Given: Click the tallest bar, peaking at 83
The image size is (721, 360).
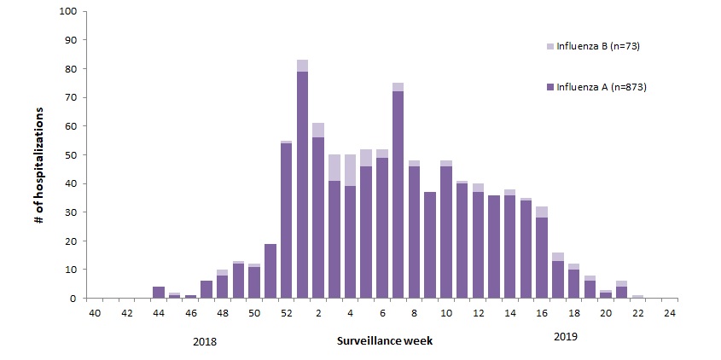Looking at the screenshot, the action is tap(302, 179).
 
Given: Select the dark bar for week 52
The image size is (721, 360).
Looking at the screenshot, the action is tap(286, 221).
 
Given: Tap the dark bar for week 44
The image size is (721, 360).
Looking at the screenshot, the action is tap(158, 293).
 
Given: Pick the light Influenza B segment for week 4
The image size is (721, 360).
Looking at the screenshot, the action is tap(350, 171).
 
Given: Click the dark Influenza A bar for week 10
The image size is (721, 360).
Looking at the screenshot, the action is tap(446, 232).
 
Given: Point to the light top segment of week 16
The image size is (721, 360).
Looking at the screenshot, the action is tap(542, 212).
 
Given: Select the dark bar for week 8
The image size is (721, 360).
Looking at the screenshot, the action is tap(414, 232).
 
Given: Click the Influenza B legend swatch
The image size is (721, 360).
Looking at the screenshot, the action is tap(550, 46).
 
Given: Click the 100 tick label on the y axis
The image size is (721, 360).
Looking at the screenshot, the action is tap(67, 11).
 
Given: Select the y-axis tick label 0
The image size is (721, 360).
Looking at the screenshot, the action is tap(73, 299).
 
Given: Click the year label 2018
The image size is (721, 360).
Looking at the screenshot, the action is tap(204, 342).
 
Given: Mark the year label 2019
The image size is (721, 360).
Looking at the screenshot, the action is tap(565, 337).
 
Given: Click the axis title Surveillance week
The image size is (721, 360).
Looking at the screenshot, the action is tap(385, 341).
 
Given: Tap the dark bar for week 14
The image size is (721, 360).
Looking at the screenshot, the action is tap(510, 247).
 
